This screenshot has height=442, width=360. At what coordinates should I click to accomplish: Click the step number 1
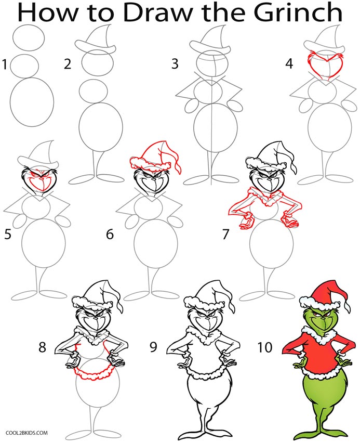(5, 65)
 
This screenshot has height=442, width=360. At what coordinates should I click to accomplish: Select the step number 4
(289, 64)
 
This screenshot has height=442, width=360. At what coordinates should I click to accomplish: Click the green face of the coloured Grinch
(318, 322)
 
